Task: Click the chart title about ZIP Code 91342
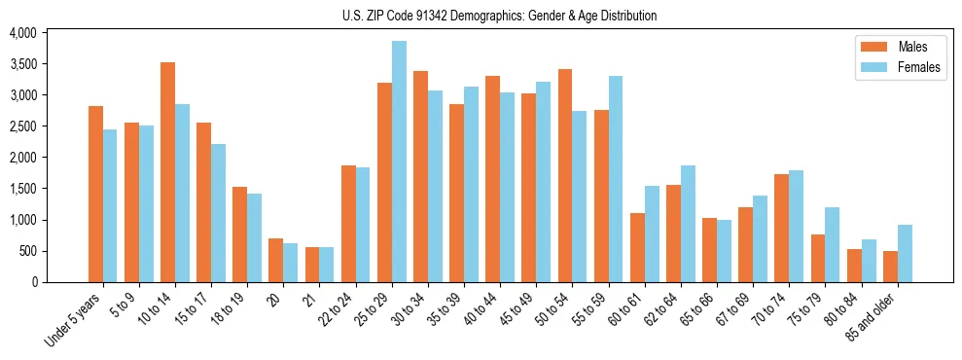(x=499, y=16)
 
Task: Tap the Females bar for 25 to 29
(x=399, y=162)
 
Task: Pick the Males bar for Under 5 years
(x=95, y=194)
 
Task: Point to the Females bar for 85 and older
(x=905, y=253)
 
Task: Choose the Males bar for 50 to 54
(x=565, y=175)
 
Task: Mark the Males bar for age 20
(x=276, y=260)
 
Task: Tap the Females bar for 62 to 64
(x=689, y=224)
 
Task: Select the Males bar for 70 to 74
(x=782, y=228)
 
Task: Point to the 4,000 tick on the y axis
(x=22, y=33)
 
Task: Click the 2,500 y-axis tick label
(x=22, y=126)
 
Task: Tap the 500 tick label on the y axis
(x=27, y=251)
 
